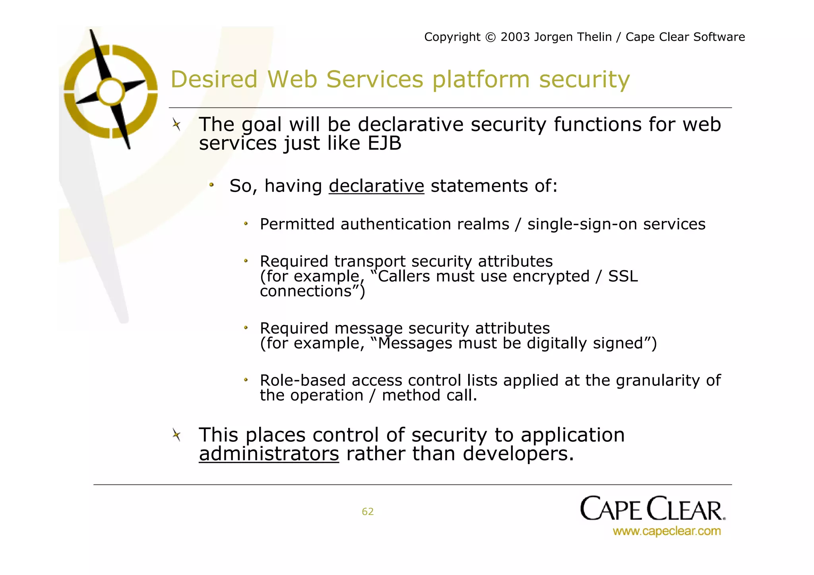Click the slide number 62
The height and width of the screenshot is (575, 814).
coord(367,511)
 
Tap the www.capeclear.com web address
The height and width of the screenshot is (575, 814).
coord(667,531)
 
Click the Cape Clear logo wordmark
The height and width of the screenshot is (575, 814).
coord(652,509)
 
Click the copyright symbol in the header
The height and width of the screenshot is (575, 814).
coord(491,37)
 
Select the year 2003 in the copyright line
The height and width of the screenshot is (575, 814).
coord(515,37)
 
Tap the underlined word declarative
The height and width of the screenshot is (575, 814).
coord(376,186)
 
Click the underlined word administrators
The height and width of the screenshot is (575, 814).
coord(269,453)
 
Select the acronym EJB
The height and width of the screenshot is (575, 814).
coord(384,143)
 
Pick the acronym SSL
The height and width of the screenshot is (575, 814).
coord(623,276)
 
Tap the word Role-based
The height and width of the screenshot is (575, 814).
coord(303,380)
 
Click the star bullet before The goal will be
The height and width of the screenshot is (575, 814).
coord(176,125)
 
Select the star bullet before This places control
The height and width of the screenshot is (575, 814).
coord(176,435)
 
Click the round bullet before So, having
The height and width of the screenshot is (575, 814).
coord(211,185)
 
